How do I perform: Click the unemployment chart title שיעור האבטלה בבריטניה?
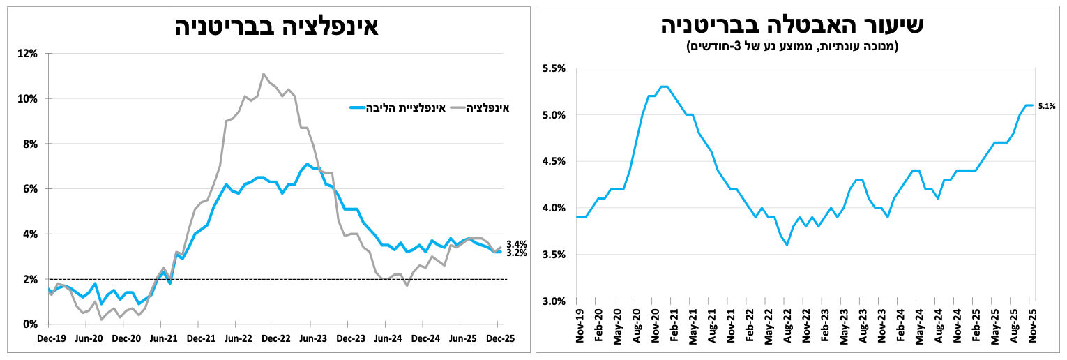point(793,25)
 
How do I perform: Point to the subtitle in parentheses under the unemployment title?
point(793,47)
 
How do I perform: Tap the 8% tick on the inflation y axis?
point(31,144)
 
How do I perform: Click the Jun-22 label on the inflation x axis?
point(238,338)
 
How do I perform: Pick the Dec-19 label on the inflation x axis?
point(51,338)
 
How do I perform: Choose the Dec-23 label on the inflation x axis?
point(351,338)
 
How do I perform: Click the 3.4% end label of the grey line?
point(517,244)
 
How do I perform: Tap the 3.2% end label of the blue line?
point(517,253)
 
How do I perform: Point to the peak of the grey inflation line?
point(263,73)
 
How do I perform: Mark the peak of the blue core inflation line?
point(307,164)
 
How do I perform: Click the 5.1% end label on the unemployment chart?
point(1047,106)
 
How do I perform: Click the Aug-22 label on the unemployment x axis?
point(787,327)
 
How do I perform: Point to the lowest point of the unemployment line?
point(787,245)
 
